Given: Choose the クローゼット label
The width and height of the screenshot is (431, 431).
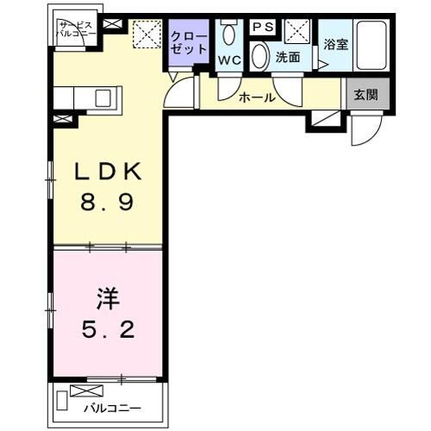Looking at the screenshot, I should pyautogui.click(x=189, y=42).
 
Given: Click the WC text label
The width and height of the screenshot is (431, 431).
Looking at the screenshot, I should pyautogui.click(x=228, y=60).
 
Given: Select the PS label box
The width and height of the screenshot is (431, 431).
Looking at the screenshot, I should pyautogui.click(x=263, y=28).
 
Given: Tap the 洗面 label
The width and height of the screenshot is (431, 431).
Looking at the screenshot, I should pyautogui.click(x=287, y=58).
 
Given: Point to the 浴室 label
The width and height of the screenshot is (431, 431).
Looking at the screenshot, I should pyautogui.click(x=335, y=42).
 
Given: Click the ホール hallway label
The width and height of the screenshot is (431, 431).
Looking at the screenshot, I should pyautogui.click(x=257, y=97).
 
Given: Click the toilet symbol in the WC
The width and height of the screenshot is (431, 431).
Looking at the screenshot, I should pyautogui.click(x=229, y=34).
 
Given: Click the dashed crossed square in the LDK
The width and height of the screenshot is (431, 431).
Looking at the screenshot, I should pyautogui.click(x=147, y=34).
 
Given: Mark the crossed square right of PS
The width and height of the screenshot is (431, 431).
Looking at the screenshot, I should pyautogui.click(x=298, y=31).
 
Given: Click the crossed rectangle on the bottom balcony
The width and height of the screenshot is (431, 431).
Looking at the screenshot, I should pyautogui.click(x=91, y=390).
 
